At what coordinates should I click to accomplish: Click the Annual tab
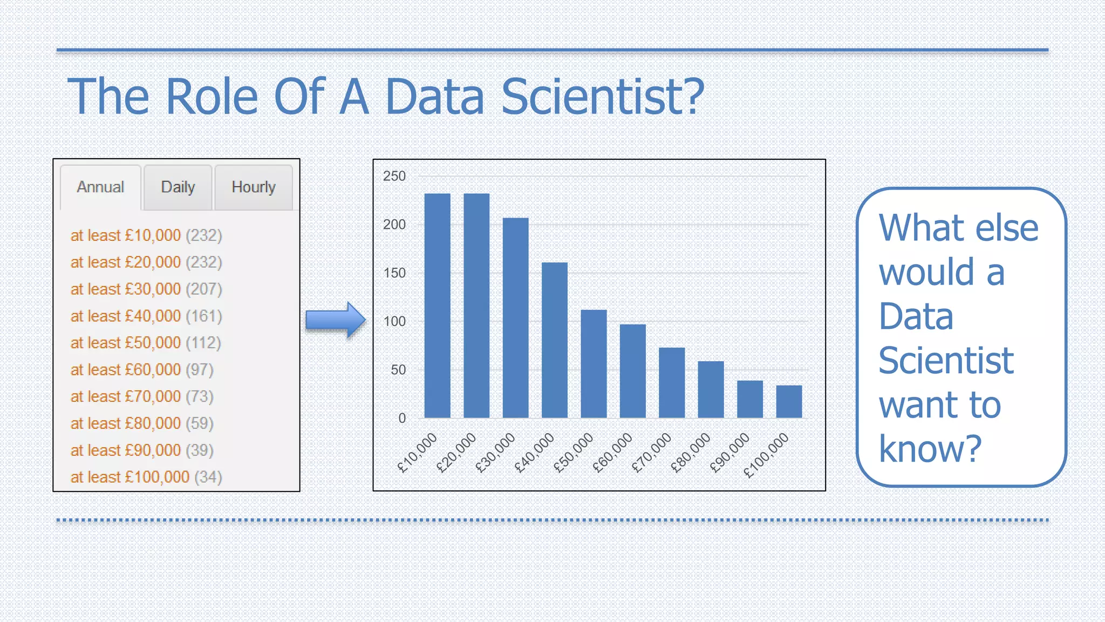click(x=100, y=187)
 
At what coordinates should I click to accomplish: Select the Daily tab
click(x=178, y=187)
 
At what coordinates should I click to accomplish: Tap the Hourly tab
click(x=254, y=187)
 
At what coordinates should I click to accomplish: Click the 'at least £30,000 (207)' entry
click(x=146, y=289)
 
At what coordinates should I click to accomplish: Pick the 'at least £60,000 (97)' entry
click(x=142, y=370)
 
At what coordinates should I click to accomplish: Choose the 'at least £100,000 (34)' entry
click(x=146, y=477)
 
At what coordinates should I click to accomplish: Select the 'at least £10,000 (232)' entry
click(x=146, y=236)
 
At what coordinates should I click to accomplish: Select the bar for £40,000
click(x=555, y=340)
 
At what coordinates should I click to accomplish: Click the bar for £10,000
click(x=437, y=306)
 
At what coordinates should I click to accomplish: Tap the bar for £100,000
click(x=789, y=402)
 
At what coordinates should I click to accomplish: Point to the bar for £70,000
click(x=672, y=383)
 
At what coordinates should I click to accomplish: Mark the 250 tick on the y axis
click(x=394, y=176)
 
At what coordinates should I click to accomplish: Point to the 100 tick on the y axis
click(x=394, y=322)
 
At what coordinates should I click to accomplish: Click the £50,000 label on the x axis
click(x=574, y=452)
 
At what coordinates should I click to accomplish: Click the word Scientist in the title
click(x=603, y=97)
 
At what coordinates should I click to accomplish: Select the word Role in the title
click(x=212, y=97)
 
